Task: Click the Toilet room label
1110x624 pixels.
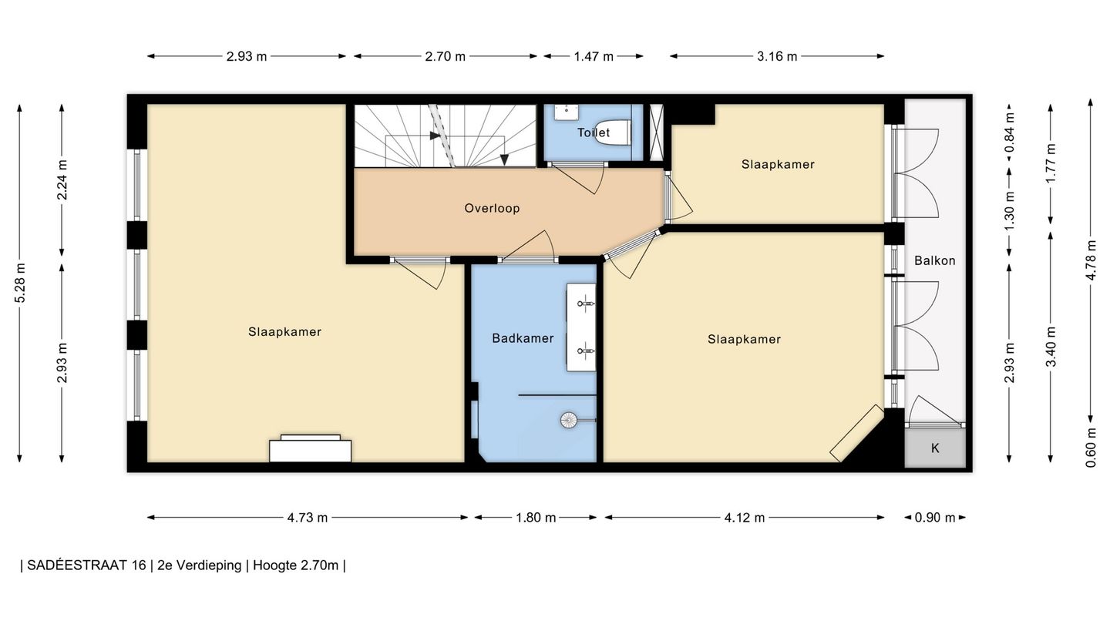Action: point(594,133)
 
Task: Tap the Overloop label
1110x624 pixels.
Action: point(492,208)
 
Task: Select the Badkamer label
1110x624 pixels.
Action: point(523,338)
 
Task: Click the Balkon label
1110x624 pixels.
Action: point(934,260)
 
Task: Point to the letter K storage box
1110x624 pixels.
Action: point(935,448)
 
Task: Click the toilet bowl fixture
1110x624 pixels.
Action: point(613,133)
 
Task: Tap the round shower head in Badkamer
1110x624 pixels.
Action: point(569,420)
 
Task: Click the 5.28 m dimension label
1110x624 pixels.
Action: point(20,283)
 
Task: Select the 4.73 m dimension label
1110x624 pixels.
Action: point(308,518)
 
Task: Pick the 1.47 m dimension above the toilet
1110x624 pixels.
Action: point(594,56)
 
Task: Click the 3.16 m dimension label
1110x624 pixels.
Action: point(777,56)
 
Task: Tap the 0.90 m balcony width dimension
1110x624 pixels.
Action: point(934,518)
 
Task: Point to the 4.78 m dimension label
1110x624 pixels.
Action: point(1091,260)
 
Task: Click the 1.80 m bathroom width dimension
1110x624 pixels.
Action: point(536,518)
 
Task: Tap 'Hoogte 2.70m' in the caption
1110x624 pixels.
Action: point(296,565)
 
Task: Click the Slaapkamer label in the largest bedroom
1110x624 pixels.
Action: point(284,332)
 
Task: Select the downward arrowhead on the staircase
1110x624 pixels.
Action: point(504,160)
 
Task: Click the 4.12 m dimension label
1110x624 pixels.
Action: point(745,518)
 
